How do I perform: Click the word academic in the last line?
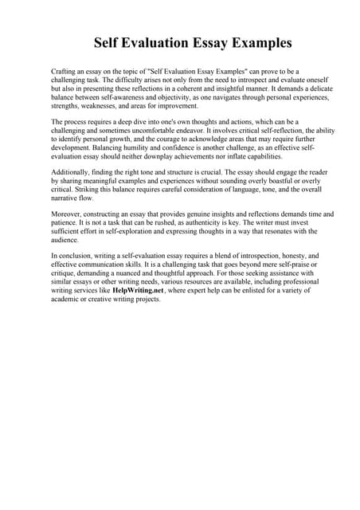68,300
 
